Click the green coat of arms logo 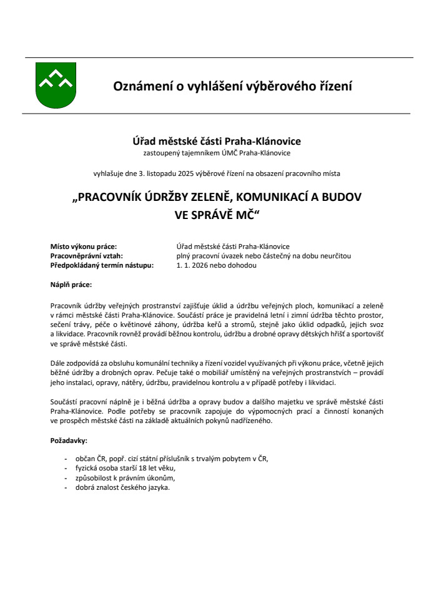pyautogui.click(x=56, y=85)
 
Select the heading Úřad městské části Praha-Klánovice pyautogui.click(x=212, y=141)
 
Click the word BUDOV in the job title pyautogui.click(x=342, y=197)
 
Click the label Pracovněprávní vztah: pyautogui.click(x=86, y=256)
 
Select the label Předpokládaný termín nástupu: pyautogui.click(x=101, y=265)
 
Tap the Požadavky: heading pyautogui.click(x=69, y=441)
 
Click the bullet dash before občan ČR pyautogui.click(x=66, y=459)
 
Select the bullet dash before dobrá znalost pyautogui.click(x=66, y=488)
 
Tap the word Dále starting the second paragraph pyautogui.click(x=57, y=363)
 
